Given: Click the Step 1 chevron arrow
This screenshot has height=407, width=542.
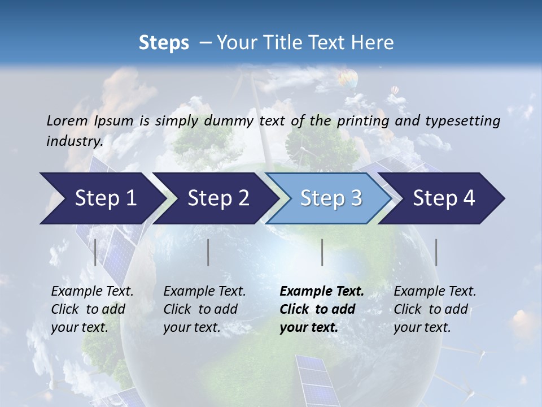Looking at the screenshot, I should click(x=102, y=198).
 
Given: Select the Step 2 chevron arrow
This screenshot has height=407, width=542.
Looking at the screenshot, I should click(x=215, y=198).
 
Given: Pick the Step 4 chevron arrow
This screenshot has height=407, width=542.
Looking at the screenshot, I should click(x=442, y=198).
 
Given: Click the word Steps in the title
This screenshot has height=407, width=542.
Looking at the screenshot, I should click(x=164, y=43).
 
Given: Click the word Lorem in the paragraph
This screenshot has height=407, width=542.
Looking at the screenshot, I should click(x=67, y=120).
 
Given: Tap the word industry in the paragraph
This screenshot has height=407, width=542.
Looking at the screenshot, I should click(x=75, y=141).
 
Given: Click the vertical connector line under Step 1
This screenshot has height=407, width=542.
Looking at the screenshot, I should click(x=95, y=252).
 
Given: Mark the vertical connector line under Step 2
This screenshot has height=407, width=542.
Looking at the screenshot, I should click(x=208, y=252).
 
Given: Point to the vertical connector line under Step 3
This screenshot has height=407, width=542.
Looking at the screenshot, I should click(x=322, y=252).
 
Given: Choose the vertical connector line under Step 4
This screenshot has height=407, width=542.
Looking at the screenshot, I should click(x=436, y=252).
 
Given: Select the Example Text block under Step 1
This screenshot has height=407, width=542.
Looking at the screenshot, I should click(x=91, y=309).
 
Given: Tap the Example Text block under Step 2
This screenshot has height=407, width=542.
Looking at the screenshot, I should click(x=204, y=309).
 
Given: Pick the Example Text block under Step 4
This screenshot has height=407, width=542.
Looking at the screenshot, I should click(x=434, y=309).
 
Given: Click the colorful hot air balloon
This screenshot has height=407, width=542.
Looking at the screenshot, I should click(x=348, y=78).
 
